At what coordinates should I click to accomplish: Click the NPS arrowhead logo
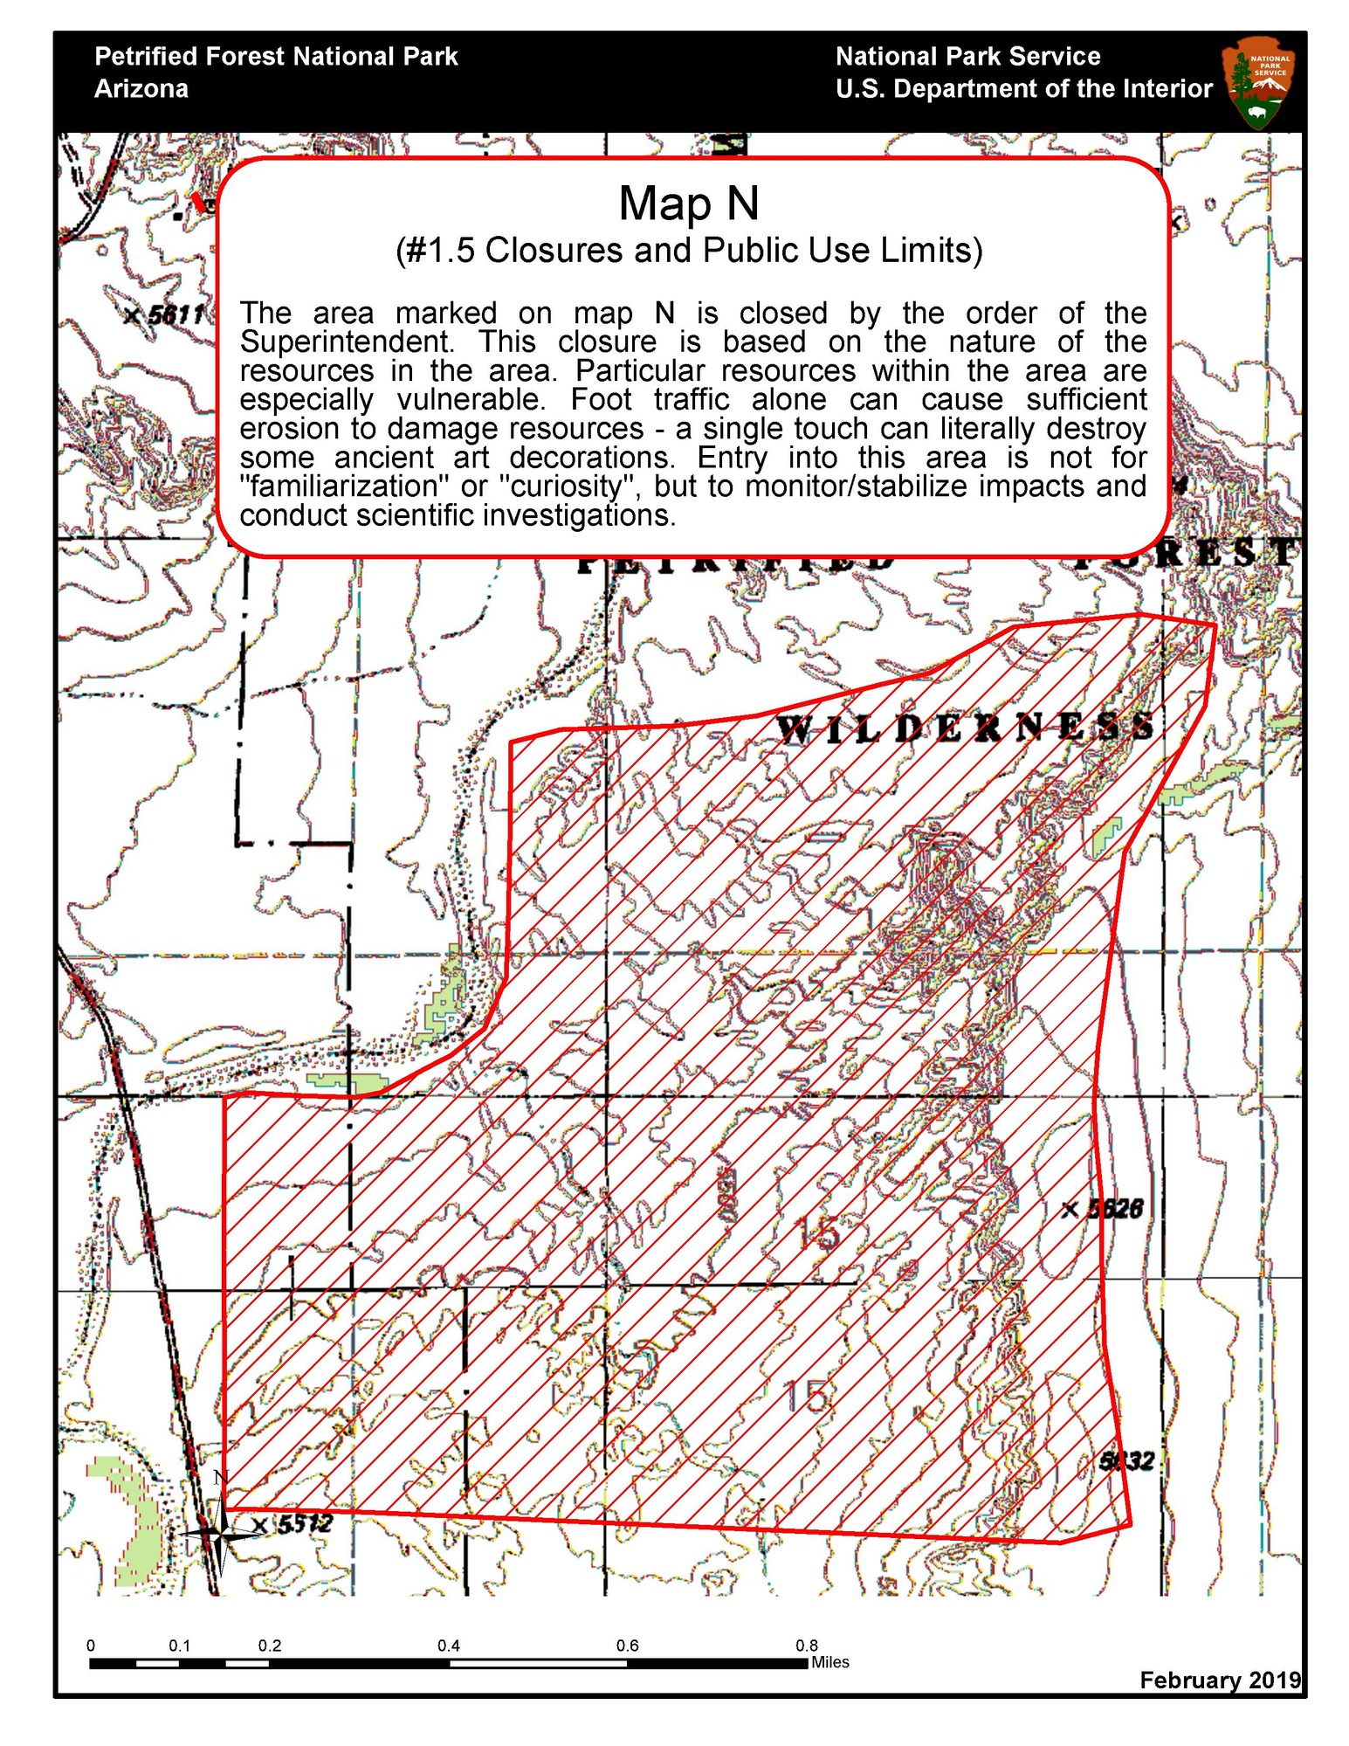click(x=1260, y=82)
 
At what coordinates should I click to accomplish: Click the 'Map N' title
click(x=689, y=204)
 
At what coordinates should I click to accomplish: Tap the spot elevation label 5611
click(x=175, y=314)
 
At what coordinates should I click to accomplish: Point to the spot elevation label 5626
click(x=1114, y=1209)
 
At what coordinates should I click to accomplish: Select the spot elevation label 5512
click(x=303, y=1524)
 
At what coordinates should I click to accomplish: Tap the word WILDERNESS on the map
click(x=965, y=728)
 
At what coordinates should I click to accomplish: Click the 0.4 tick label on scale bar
click(x=448, y=1646)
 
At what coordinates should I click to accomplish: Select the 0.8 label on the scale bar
click(x=806, y=1646)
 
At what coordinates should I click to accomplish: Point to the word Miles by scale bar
click(x=829, y=1662)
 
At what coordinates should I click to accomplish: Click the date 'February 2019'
click(x=1219, y=1680)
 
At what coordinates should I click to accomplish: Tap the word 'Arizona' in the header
click(x=141, y=89)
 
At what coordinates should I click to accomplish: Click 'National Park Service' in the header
click(x=967, y=57)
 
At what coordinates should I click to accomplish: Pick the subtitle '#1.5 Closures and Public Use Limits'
click(x=689, y=251)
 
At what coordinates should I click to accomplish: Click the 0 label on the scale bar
click(x=91, y=1646)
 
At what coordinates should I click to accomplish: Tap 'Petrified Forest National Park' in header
click(x=276, y=57)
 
